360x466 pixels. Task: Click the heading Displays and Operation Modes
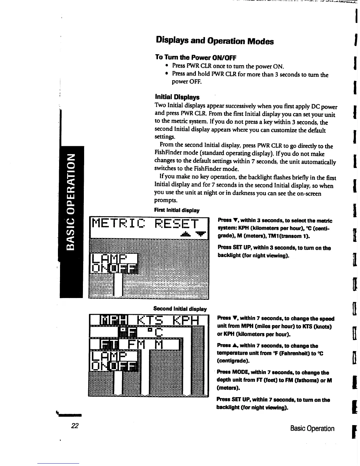215,41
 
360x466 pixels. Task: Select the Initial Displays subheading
177,97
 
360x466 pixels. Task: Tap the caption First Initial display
177,210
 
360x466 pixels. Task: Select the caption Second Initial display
180,309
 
